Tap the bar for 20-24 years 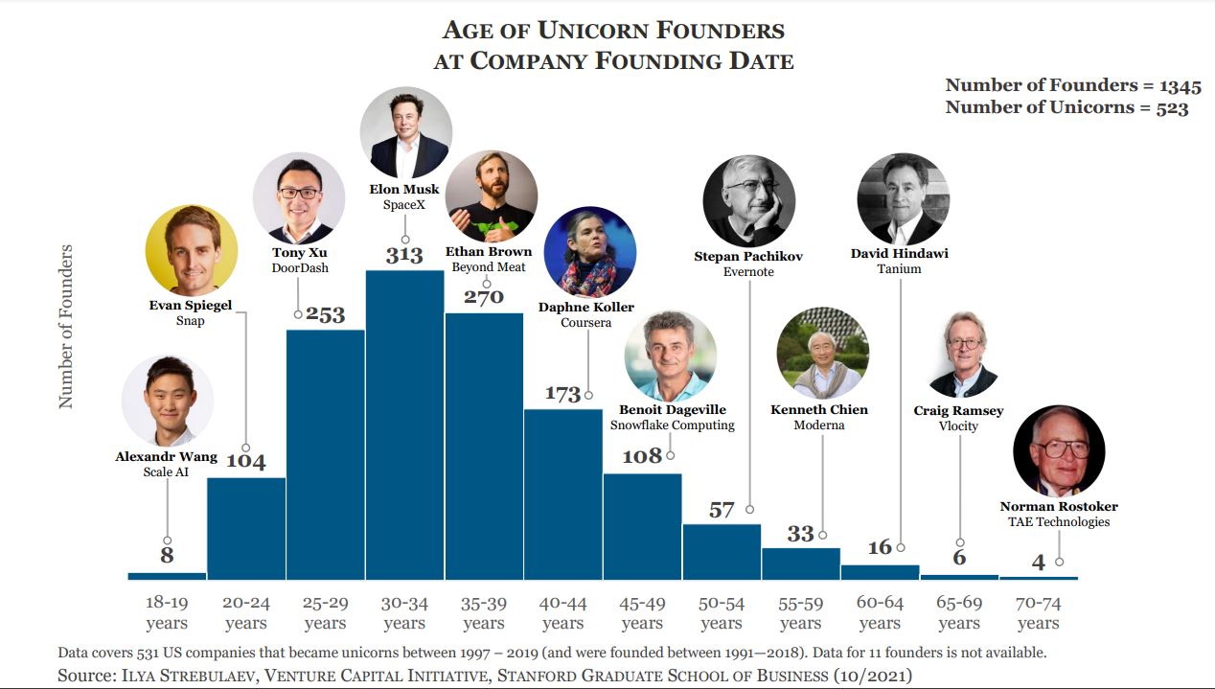coord(246,528)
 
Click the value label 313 coord(404,255)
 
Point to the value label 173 coord(562,394)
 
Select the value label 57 coord(722,510)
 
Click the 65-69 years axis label coord(959,613)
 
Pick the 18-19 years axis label coord(167,613)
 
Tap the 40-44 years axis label coord(562,613)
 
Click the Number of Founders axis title coord(66,327)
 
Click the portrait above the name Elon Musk coord(405,132)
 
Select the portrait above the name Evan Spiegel coord(191,250)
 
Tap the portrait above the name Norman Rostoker coord(1058,450)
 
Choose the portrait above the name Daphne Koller coord(589,252)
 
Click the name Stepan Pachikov coord(748,256)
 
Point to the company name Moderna coord(819,425)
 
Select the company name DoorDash coord(300,268)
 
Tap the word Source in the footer coord(84,676)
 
